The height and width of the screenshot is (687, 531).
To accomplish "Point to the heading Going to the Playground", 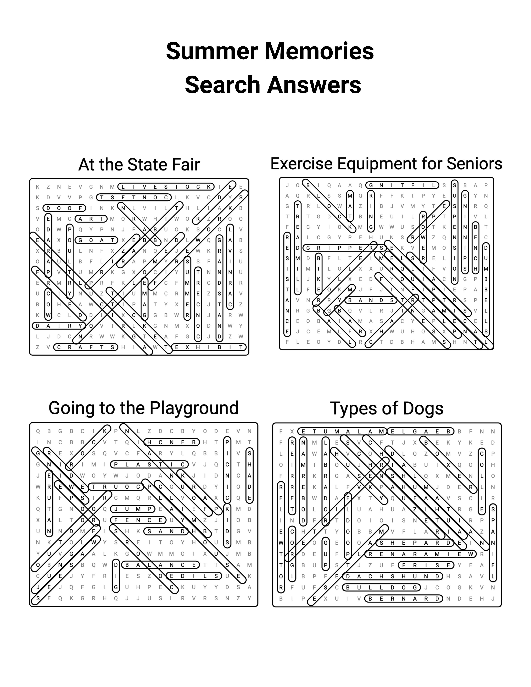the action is pos(143,408).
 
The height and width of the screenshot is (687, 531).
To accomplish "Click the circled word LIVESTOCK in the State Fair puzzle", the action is pos(166,187).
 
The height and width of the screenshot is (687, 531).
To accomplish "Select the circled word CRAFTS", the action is pos(86,347).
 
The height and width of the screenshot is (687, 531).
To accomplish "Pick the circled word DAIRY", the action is pos(59,326).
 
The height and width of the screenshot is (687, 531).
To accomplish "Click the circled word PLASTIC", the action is pos(149,464).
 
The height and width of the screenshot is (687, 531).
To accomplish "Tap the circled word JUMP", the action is pos(133,509).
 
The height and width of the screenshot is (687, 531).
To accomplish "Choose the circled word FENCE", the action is pos(138,520).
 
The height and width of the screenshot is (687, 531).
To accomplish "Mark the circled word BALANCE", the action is pos(160,565).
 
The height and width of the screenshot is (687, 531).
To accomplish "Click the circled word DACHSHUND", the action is pos(393,576).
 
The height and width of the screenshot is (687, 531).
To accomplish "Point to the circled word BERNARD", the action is pos(404,599).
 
